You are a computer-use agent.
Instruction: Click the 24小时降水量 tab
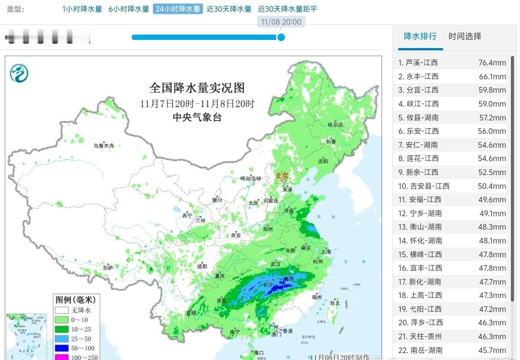(x=178, y=9)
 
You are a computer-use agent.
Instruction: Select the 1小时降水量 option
(x=82, y=9)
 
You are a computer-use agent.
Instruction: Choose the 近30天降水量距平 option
(x=287, y=9)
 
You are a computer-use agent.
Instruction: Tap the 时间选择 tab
(x=465, y=36)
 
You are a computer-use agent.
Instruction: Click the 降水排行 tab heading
(x=420, y=36)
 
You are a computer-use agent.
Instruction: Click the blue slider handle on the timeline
(x=281, y=37)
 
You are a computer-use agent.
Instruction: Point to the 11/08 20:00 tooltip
(x=281, y=22)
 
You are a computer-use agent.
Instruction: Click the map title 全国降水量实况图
(x=197, y=88)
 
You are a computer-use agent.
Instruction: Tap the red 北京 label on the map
(x=281, y=176)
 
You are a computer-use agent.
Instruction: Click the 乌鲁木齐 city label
(x=104, y=146)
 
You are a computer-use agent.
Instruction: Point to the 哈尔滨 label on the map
(x=335, y=124)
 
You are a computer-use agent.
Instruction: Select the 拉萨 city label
(x=108, y=268)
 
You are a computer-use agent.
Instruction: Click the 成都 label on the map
(x=201, y=266)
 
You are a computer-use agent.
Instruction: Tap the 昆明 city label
(x=191, y=313)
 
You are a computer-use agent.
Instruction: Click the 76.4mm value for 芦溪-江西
(x=492, y=63)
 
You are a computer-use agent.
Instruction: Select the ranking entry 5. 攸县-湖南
(x=418, y=117)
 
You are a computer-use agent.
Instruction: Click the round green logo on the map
(x=19, y=73)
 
